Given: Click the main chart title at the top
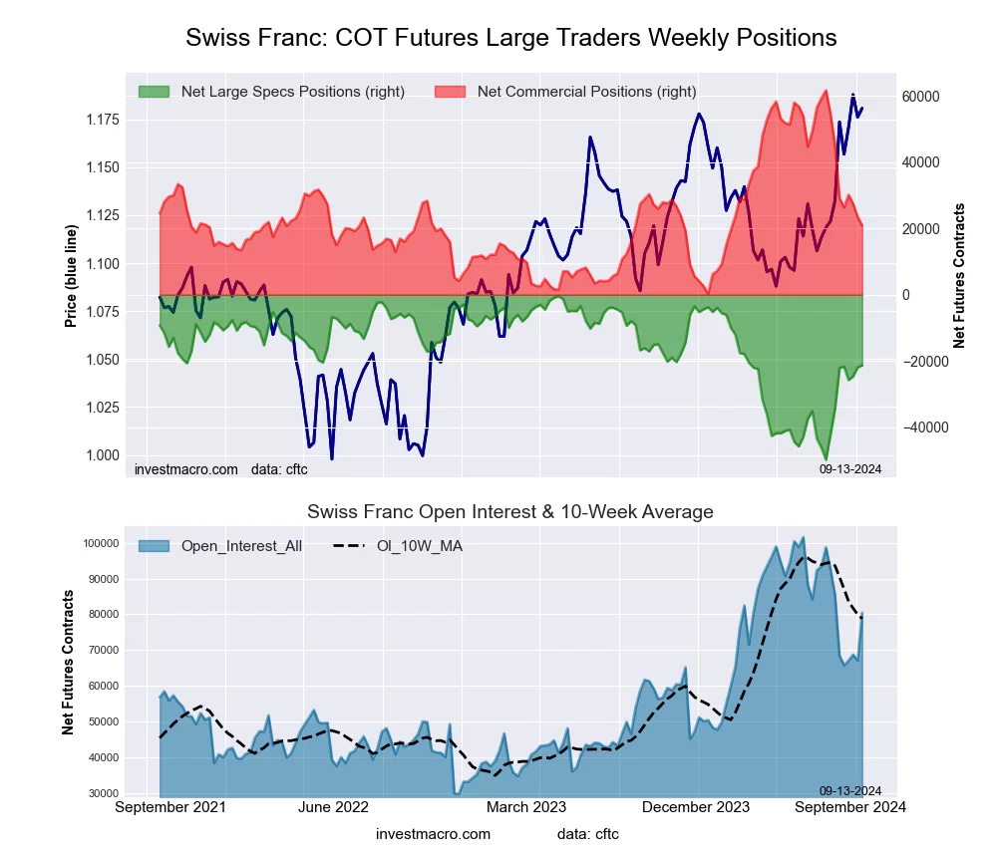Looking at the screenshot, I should tap(510, 38).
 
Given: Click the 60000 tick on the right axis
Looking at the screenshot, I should tap(922, 97).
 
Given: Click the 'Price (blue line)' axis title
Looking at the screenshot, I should tap(71, 277).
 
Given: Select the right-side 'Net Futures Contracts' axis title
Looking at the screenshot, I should tap(960, 276).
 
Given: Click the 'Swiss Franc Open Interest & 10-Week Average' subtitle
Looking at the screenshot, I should tap(510, 512).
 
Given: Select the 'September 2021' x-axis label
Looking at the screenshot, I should tap(170, 807).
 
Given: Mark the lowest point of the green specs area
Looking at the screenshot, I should tap(827, 458).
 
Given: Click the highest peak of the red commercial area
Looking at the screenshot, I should tap(825, 91).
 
